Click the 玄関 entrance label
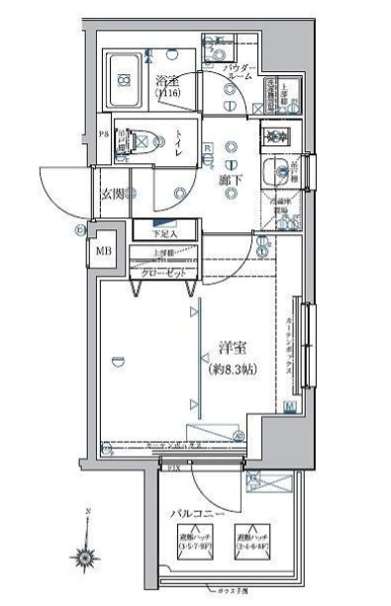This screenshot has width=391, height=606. [x=112, y=194]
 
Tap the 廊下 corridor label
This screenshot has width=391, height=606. [x=231, y=182]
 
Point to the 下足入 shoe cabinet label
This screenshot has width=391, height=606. [x=163, y=233]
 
